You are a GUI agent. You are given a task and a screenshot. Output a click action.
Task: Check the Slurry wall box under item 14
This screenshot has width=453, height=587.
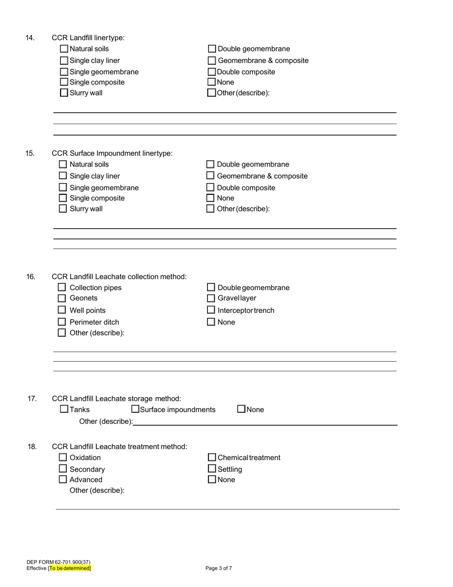64,93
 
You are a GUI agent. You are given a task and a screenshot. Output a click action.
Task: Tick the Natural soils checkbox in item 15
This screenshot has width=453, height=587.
62,164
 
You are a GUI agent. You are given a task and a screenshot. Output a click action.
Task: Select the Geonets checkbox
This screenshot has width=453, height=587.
62,298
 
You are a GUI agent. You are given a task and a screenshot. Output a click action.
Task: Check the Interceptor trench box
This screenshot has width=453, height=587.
211,310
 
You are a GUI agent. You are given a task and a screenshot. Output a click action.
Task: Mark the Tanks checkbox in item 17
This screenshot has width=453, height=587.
64,409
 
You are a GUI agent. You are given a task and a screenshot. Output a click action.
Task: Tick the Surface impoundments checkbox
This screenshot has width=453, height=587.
135,409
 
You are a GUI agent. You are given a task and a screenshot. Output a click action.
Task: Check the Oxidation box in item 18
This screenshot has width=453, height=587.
62,457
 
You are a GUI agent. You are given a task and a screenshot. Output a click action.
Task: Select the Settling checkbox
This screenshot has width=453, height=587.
212,469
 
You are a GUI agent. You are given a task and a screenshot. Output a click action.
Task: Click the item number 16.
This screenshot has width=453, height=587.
31,277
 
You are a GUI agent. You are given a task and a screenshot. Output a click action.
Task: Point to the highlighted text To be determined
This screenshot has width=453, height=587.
70,568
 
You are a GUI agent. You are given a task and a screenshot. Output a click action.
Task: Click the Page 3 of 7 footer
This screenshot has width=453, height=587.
219,568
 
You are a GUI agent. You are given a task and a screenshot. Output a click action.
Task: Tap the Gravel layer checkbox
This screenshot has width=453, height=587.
211,298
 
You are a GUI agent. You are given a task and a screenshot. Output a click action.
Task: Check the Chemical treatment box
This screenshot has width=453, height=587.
212,457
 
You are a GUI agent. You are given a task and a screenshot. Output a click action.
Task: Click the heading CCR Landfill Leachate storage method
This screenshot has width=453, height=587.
116,398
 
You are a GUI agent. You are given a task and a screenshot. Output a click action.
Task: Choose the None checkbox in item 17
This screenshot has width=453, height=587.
241,409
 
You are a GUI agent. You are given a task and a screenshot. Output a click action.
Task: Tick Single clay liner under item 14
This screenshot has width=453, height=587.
64,61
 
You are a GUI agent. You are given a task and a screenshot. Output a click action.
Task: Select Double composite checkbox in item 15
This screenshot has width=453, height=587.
210,188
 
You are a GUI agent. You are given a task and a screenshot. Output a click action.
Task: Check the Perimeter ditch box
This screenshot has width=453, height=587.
62,322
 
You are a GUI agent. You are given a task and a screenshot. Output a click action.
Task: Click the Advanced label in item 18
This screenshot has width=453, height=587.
86,480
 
